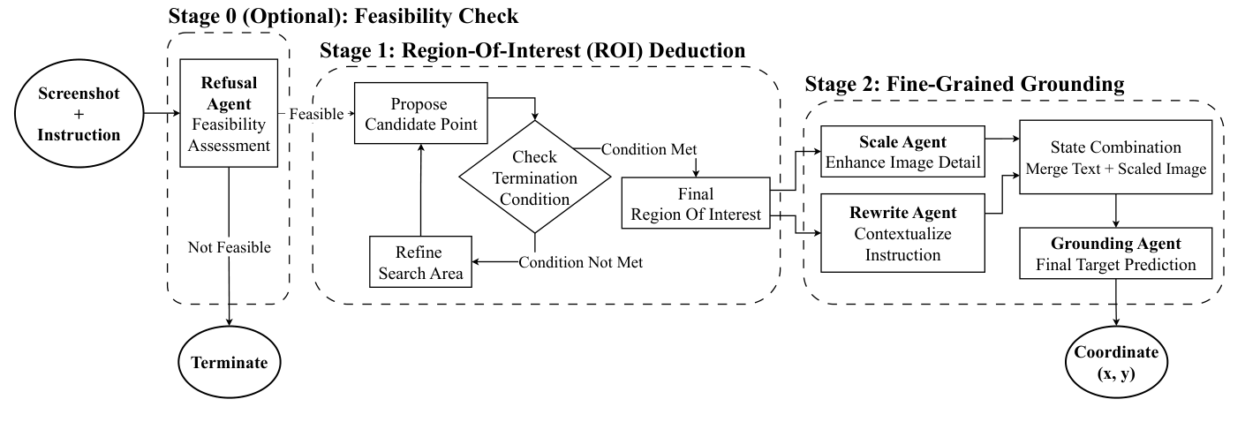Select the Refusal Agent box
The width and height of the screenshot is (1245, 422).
click(229, 114)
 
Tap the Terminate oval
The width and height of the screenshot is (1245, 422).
click(229, 363)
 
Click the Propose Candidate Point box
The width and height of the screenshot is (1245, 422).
click(420, 113)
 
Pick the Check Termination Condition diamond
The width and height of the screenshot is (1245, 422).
click(534, 177)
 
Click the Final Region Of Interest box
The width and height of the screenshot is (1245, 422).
click(696, 204)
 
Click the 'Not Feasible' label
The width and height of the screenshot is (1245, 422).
click(229, 248)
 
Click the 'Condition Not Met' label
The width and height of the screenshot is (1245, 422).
click(580, 262)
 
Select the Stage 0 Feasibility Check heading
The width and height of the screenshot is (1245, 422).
click(343, 16)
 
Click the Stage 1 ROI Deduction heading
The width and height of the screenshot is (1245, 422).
click(532, 51)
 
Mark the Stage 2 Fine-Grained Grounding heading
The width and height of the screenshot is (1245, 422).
click(964, 85)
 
